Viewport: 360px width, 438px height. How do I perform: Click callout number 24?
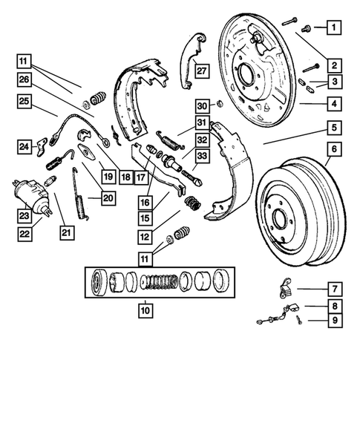[24, 147]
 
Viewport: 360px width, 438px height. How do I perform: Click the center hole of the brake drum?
[278, 220]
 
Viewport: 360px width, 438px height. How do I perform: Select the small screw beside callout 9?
[298, 319]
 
